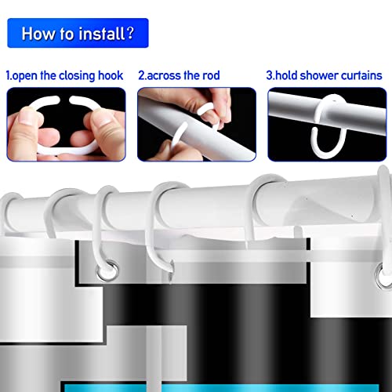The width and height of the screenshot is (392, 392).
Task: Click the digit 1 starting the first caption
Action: click(8, 76)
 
